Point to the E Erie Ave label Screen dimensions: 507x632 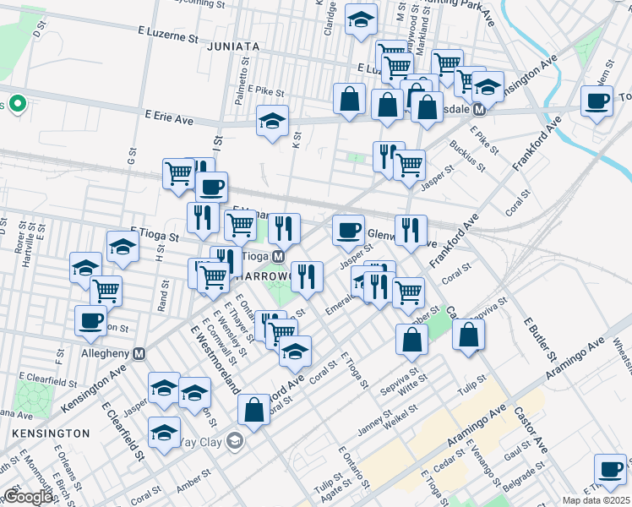coord(168,120)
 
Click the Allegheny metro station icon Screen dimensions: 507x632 coord(139,352)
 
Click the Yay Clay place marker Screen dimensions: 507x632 coord(234,439)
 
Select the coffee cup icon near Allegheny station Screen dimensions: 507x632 coord(91,319)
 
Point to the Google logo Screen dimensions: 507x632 coord(28,497)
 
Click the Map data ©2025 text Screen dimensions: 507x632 coord(595,499)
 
